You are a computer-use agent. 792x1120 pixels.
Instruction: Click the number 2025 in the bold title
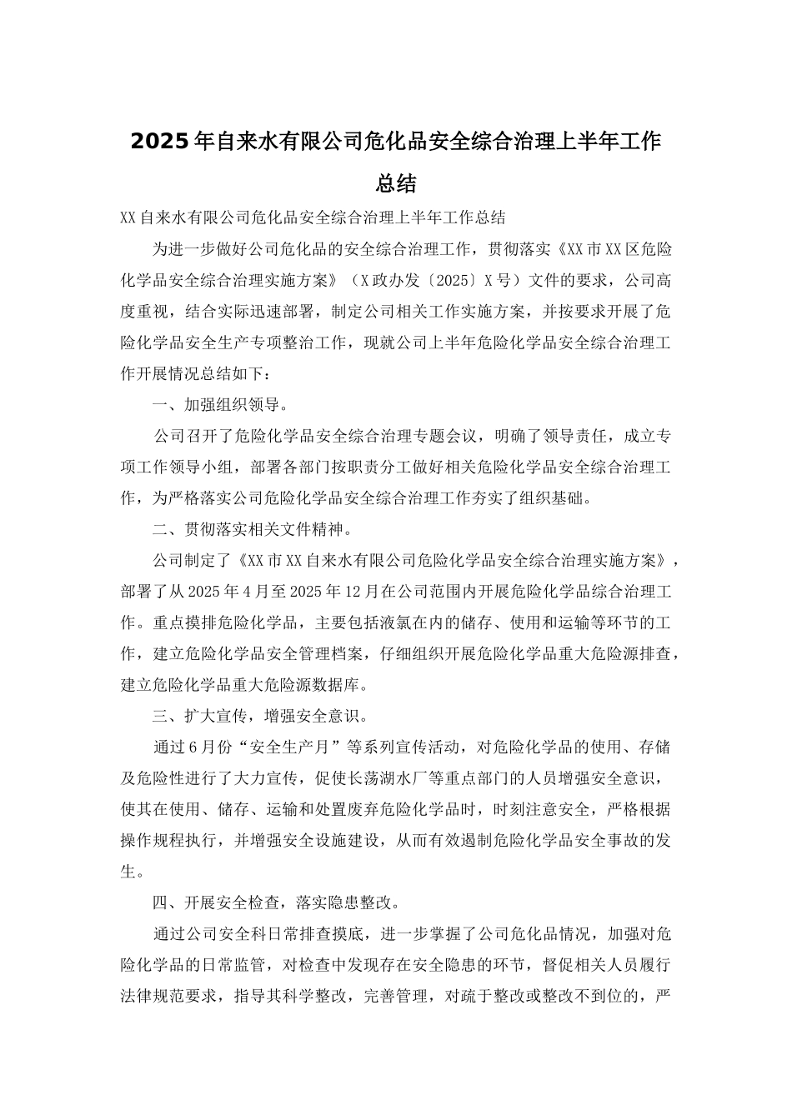coord(161,141)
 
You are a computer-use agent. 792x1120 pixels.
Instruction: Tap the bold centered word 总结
coord(396,182)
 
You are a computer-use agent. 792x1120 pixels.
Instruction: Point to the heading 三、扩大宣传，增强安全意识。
coord(259,715)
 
